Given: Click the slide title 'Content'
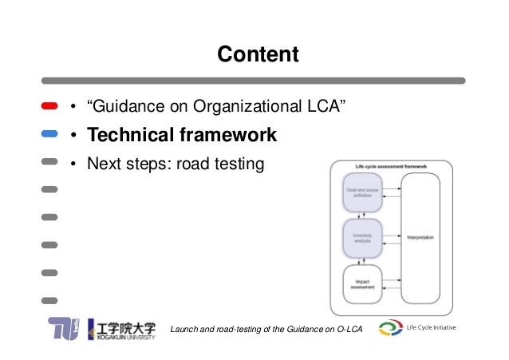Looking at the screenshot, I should pyautogui.click(x=258, y=54).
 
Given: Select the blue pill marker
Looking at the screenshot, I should pyautogui.click(x=49, y=135).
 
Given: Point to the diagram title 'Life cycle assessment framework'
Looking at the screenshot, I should pyautogui.click(x=391, y=167).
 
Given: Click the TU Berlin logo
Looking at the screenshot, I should pyautogui.click(x=65, y=329).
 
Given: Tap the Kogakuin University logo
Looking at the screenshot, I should pyautogui.click(x=128, y=329).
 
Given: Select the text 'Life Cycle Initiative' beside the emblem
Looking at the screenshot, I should pyautogui.click(x=432, y=327).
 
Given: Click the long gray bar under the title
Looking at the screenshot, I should pyautogui.click(x=254, y=81).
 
